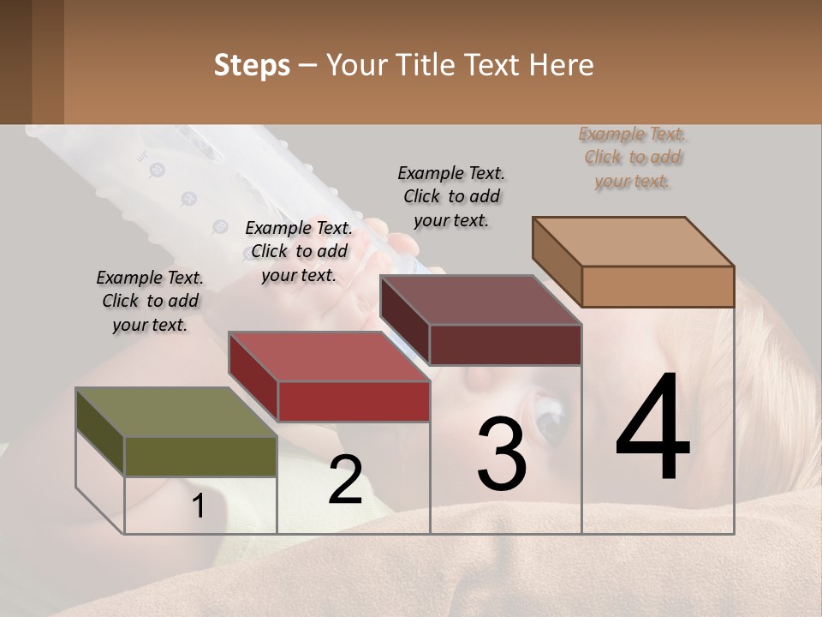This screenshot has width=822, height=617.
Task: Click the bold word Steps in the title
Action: [252, 65]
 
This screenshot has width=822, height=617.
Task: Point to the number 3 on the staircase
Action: [502, 453]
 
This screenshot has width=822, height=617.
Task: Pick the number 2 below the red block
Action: [345, 480]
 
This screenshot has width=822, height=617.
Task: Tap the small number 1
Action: [199, 506]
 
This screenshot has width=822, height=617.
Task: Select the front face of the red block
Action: [354, 401]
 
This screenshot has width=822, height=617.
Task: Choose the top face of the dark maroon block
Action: [479, 300]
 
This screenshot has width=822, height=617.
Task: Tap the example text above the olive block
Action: [150, 301]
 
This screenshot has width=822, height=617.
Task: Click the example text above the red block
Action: [299, 251]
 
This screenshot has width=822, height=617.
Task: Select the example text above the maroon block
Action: [451, 196]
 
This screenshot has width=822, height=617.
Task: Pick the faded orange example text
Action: [633, 157]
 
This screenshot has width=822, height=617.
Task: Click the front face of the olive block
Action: [200, 456]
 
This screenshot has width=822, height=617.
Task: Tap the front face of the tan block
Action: [658, 286]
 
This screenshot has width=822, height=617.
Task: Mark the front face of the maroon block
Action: [505, 344]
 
